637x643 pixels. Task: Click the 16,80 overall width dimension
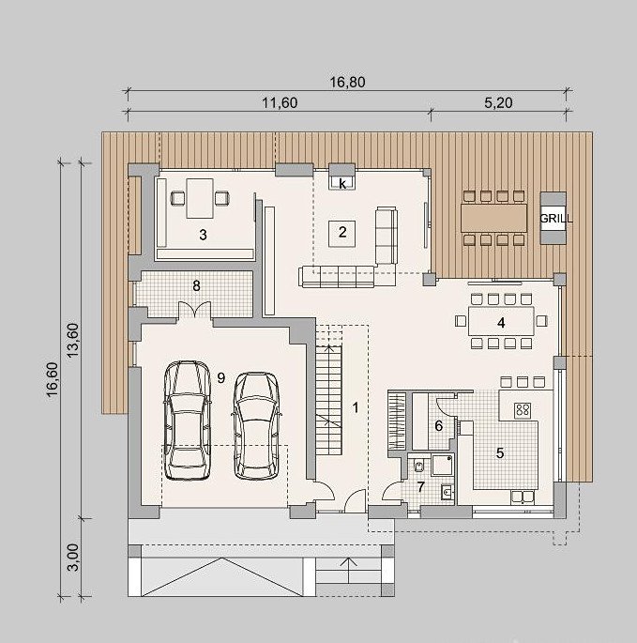pyautogui.click(x=347, y=82)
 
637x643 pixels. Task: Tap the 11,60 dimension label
pyautogui.click(x=280, y=102)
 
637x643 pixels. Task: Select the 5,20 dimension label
pyautogui.click(x=498, y=102)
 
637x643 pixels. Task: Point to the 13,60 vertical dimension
pyautogui.click(x=73, y=341)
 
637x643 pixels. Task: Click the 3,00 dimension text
pyautogui.click(x=73, y=557)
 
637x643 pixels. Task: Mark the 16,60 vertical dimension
pyautogui.click(x=53, y=379)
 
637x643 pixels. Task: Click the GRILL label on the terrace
pyautogui.click(x=555, y=219)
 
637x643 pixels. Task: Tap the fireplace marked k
pyautogui.click(x=342, y=182)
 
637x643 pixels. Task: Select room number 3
pyautogui.click(x=203, y=235)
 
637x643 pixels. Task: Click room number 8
pyautogui.click(x=196, y=285)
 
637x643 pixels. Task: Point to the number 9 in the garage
pyautogui.click(x=221, y=377)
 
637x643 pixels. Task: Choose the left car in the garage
pyautogui.click(x=188, y=420)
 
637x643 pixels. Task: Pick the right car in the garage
pyautogui.click(x=257, y=425)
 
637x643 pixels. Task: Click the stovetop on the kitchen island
pyautogui.click(x=523, y=409)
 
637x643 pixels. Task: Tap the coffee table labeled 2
pyautogui.click(x=342, y=233)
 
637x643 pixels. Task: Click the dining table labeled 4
pyautogui.click(x=501, y=321)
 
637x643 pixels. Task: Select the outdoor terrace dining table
pyautogui.click(x=494, y=218)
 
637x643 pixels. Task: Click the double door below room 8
pyautogui.click(x=195, y=311)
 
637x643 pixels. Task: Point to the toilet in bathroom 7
pyautogui.click(x=418, y=466)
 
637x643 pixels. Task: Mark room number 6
pyautogui.click(x=439, y=426)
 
